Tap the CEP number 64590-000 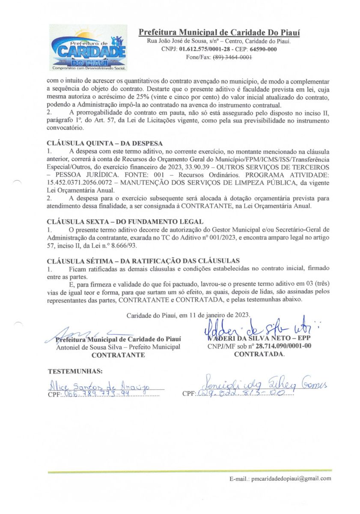tap(266, 49)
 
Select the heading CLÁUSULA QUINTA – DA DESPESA tap(104, 143)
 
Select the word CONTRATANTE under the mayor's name tap(118, 355)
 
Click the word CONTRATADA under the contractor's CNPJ tap(259, 354)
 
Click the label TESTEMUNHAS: tap(75, 371)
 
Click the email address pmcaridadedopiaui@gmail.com tap(291, 478)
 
